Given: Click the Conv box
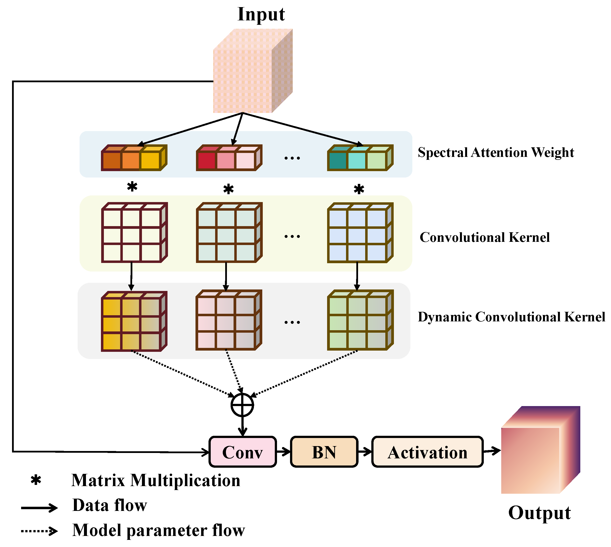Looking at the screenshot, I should [242, 452].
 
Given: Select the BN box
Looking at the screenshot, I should [324, 452].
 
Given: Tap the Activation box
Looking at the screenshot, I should [427, 452].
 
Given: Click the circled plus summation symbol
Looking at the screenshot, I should [242, 405].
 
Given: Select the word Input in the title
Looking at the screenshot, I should [261, 14].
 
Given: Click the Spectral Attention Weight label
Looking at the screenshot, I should [496, 152].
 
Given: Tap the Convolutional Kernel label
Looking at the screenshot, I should [485, 237].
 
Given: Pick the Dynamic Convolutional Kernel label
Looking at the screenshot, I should [511, 317].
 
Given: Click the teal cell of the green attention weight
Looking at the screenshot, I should [337, 161].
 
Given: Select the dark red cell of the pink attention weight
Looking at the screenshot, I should [206, 161].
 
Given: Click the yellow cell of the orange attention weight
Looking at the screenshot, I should [150, 161].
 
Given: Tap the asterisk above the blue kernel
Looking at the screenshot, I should [359, 189].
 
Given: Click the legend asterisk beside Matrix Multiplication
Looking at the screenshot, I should [36, 480].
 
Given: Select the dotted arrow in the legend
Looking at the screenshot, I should [39, 531].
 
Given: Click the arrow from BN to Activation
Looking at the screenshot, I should [364, 451].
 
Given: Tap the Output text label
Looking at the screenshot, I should [540, 513].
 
